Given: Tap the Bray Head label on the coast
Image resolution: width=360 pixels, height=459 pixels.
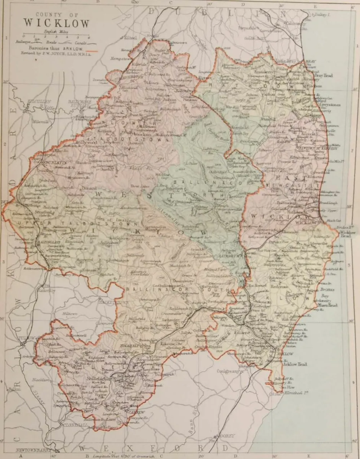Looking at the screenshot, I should (x=324, y=75).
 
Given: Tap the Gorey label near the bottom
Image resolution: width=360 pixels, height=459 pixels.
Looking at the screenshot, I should (x=226, y=436).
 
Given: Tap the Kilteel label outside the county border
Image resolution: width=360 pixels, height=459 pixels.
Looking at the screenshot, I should (x=130, y=38).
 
